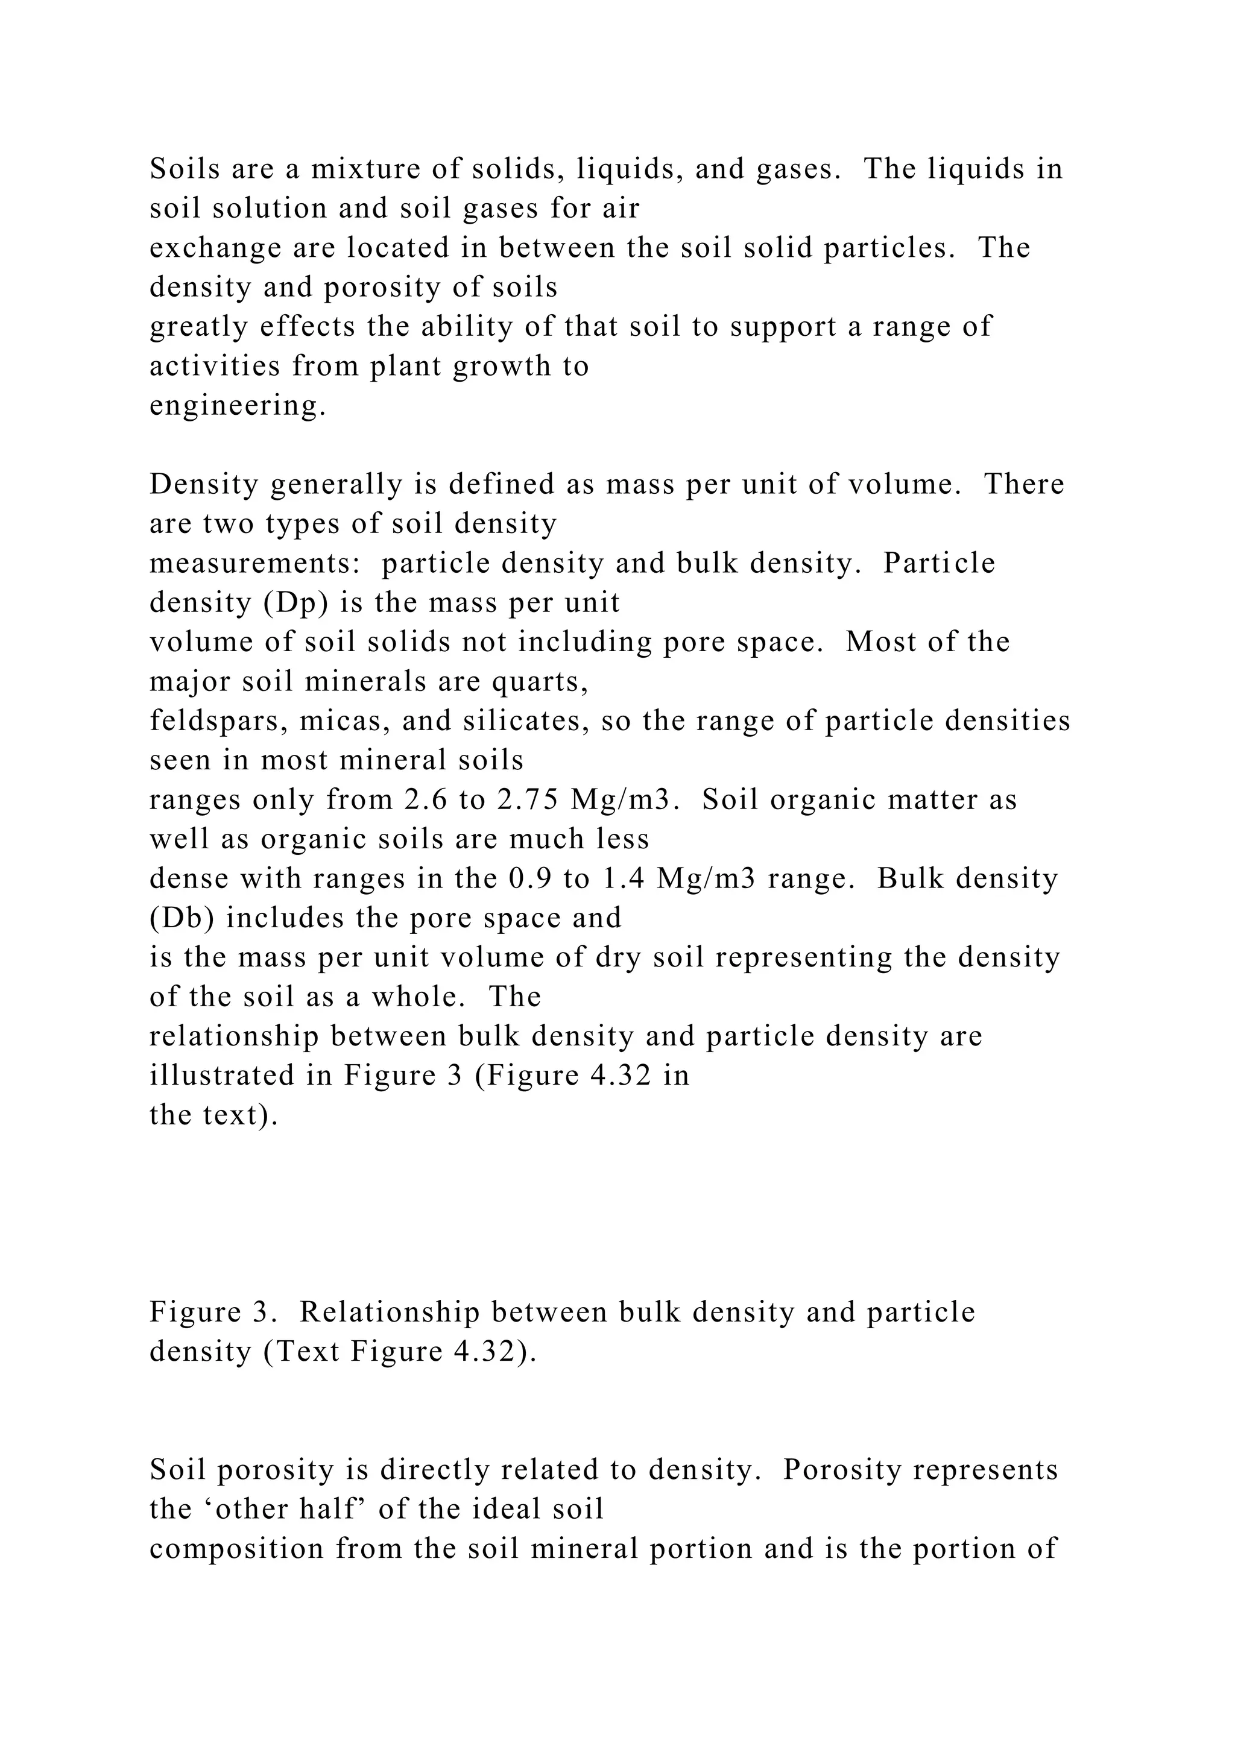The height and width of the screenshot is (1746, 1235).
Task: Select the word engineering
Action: tap(237, 405)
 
